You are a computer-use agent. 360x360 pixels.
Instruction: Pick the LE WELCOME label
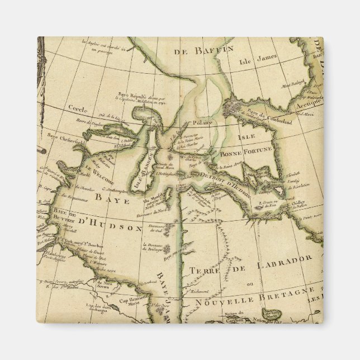pos(100,174)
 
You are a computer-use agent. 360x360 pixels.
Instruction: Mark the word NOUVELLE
pos(221,302)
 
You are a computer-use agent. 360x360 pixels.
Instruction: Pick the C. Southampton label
pos(118,194)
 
